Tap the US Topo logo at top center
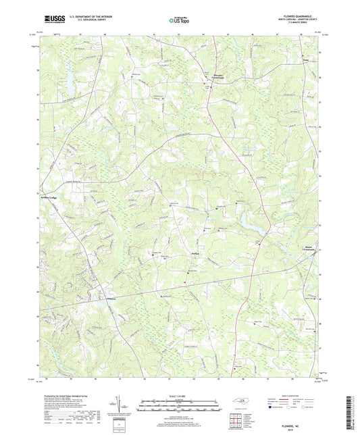(x=180, y=21)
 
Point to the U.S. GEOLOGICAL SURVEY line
(x=88, y=23)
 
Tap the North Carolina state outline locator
(x=240, y=403)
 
